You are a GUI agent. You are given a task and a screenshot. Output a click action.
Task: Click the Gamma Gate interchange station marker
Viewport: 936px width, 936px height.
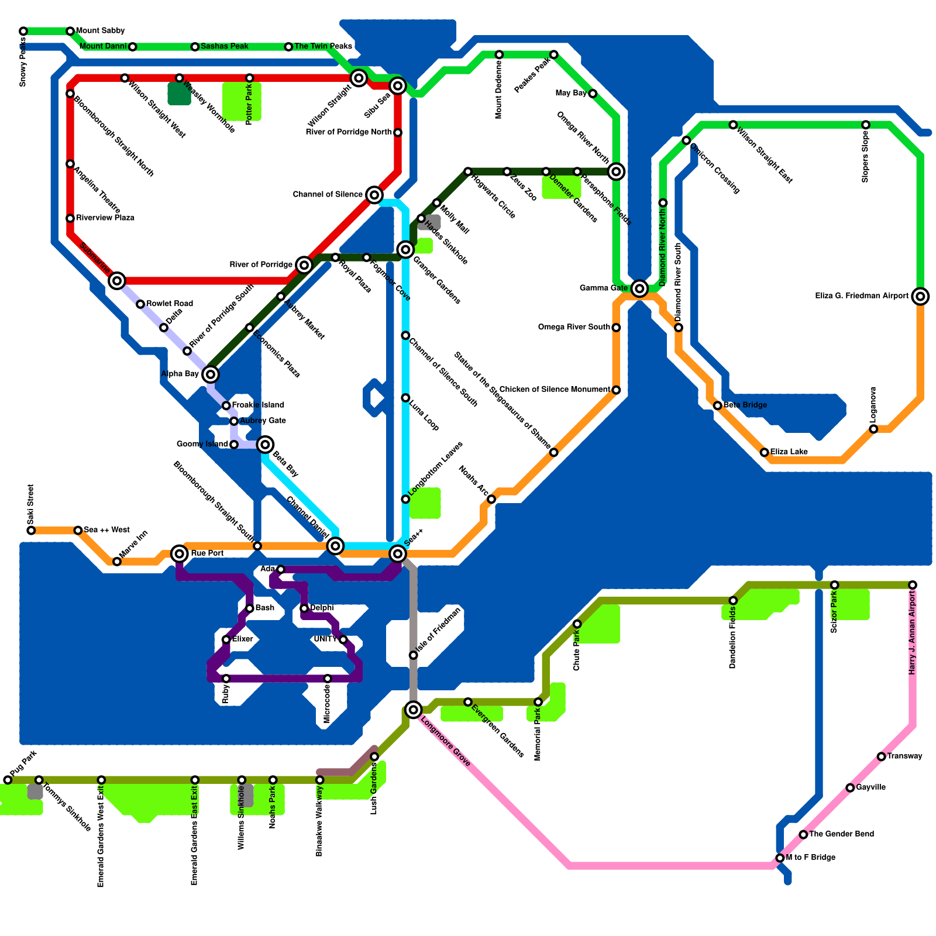pyautogui.click(x=639, y=288)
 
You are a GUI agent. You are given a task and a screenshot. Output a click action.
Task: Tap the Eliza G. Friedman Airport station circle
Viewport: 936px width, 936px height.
pyautogui.click(x=920, y=297)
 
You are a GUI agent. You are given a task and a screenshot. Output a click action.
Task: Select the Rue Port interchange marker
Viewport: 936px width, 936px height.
pyautogui.click(x=180, y=553)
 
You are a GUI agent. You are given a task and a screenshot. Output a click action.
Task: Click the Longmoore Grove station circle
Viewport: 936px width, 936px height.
pyautogui.click(x=414, y=710)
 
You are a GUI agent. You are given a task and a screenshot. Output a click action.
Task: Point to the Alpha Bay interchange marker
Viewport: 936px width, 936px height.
pyautogui.click(x=211, y=374)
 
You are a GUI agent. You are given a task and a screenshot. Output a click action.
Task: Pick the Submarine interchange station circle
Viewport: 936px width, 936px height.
pyautogui.click(x=117, y=281)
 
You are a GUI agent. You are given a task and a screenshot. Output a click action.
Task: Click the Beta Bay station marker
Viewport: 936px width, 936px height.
pyautogui.click(x=265, y=445)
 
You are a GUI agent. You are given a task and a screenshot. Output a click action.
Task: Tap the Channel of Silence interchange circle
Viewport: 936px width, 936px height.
pyautogui.click(x=374, y=195)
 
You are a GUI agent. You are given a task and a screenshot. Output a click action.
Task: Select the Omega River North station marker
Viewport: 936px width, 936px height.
pyautogui.click(x=616, y=171)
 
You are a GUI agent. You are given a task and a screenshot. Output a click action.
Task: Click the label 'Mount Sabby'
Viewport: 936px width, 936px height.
pyautogui.click(x=100, y=30)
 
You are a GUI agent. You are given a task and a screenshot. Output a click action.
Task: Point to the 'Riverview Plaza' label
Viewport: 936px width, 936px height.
pyautogui.click(x=105, y=218)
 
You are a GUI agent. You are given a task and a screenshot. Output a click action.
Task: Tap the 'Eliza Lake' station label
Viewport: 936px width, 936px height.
pyautogui.click(x=789, y=452)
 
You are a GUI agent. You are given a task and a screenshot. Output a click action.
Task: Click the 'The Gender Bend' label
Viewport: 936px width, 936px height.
pyautogui.click(x=841, y=834)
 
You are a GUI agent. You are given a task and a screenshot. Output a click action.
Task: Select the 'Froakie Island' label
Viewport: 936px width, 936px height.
pyautogui.click(x=258, y=405)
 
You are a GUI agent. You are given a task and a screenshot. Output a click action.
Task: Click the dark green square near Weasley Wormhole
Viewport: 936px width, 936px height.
pyautogui.click(x=179, y=94)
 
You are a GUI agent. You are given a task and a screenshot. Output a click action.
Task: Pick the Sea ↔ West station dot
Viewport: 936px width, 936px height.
pyautogui.click(x=78, y=530)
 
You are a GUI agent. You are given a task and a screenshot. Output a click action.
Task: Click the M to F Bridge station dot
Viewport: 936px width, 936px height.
pyautogui.click(x=780, y=858)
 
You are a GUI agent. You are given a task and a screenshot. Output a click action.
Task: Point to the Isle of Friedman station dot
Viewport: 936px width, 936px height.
pyautogui.click(x=414, y=655)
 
